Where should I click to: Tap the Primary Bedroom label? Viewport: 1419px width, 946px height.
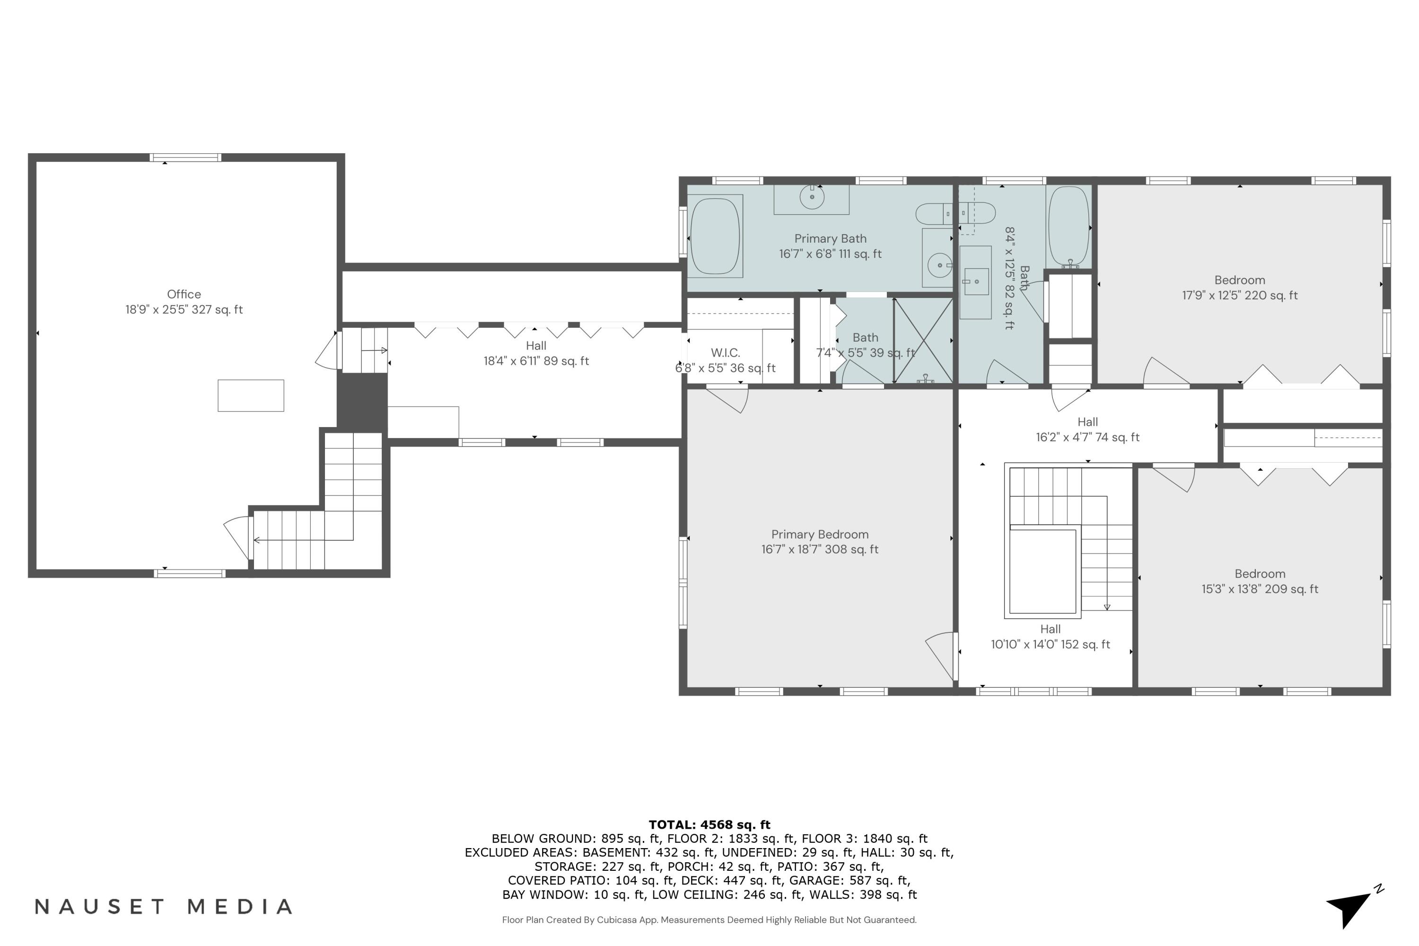(x=819, y=542)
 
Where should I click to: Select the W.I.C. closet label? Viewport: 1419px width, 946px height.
(x=725, y=360)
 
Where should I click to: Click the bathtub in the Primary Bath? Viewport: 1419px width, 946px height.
(x=715, y=236)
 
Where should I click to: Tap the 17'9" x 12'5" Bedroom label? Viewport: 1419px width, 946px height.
(x=1239, y=288)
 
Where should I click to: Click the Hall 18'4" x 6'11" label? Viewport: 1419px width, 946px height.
(x=536, y=353)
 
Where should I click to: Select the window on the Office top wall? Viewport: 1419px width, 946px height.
(x=185, y=158)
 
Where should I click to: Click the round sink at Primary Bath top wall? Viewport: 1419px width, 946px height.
(x=812, y=197)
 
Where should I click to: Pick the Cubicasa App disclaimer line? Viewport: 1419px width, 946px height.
(x=709, y=920)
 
